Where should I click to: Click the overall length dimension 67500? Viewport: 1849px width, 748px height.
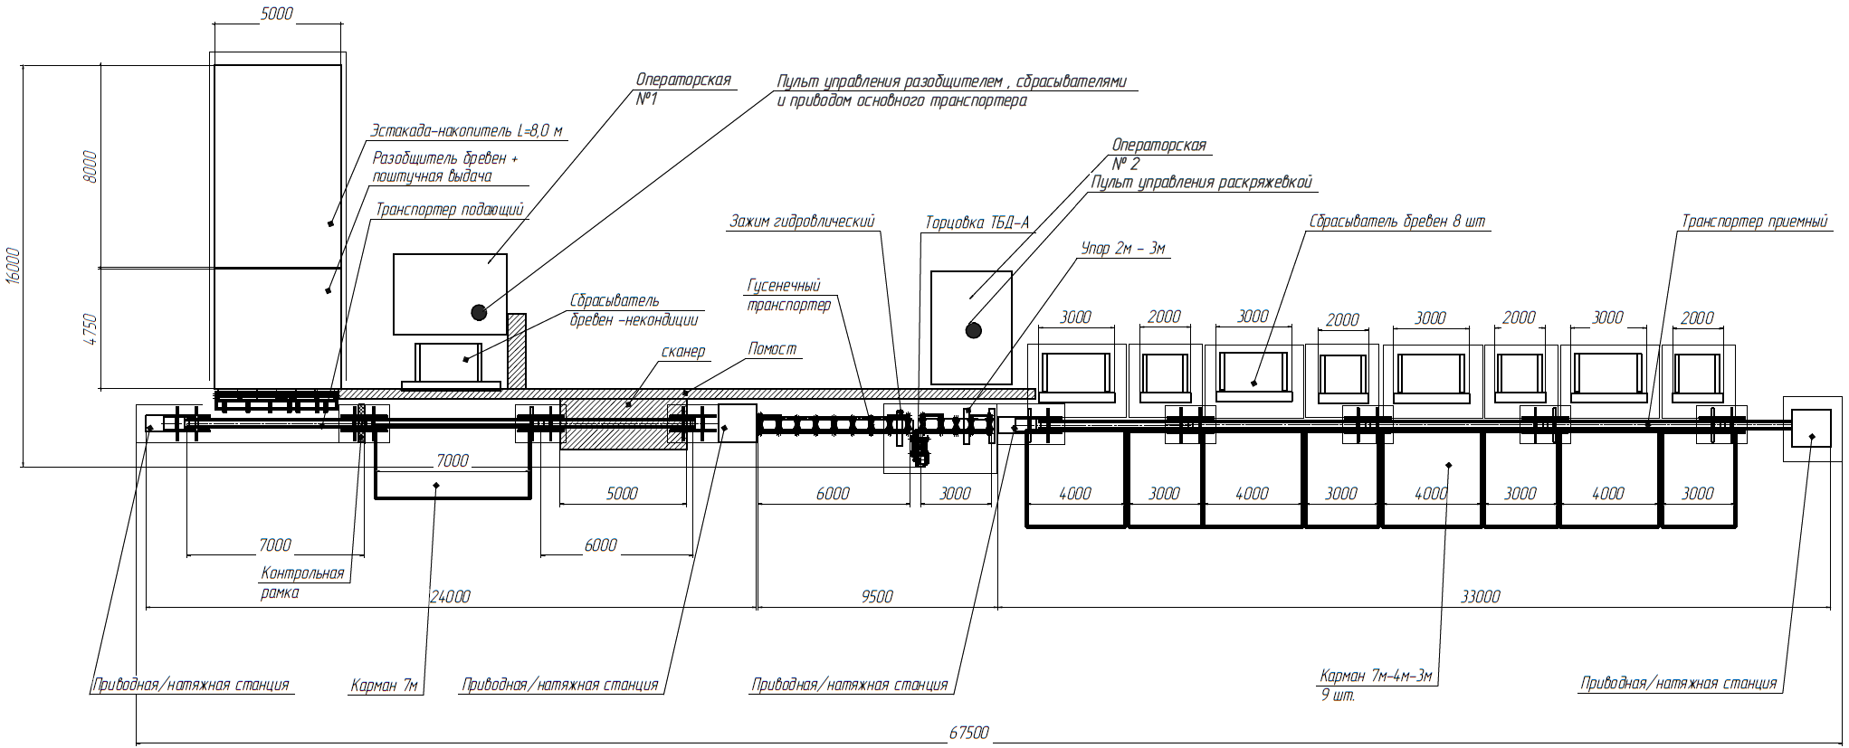968,733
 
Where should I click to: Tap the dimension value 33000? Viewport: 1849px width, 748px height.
1481,597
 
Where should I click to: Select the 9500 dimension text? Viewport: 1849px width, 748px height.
876,597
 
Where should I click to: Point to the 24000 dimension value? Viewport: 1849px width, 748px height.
450,597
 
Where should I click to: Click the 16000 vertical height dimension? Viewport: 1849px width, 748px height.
13,266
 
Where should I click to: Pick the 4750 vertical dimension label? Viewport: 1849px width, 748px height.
89,330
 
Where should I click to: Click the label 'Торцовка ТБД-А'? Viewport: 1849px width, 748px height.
977,223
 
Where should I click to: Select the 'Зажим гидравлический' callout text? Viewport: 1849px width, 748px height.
802,222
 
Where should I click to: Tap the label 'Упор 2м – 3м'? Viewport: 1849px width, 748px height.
1123,248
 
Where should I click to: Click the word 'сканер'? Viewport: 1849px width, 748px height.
682,352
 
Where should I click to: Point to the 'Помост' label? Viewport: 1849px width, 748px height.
773,348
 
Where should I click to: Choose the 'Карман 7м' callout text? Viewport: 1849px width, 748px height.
384,686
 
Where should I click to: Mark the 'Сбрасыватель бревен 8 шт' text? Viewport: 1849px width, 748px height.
1396,222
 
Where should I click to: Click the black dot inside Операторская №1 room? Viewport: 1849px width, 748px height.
478,312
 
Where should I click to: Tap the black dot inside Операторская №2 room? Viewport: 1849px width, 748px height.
973,330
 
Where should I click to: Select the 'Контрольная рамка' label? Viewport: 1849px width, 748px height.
302,582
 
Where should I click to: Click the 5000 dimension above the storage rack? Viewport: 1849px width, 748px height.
276,14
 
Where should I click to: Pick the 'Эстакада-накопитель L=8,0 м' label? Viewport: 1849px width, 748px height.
466,131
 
